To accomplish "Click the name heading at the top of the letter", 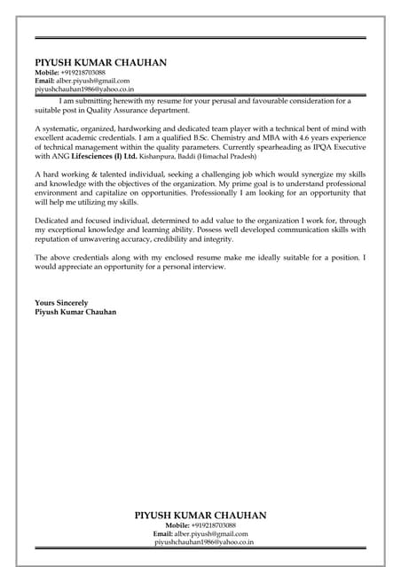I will click(100, 63).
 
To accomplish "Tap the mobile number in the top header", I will click(83, 73).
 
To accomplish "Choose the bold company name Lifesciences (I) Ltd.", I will click(104, 156).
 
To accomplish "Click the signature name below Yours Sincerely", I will click(75, 312).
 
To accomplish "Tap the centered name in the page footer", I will click(200, 515).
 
